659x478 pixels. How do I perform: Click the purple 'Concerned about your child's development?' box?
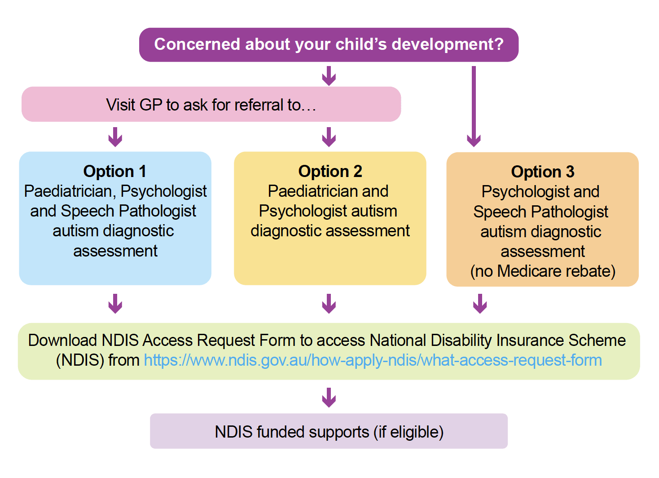point(329,44)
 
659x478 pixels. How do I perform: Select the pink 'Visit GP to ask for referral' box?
point(211,105)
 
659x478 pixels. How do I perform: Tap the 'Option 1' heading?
point(114,171)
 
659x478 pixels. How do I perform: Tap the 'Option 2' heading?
point(330,171)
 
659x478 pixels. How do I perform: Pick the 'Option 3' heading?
point(542,172)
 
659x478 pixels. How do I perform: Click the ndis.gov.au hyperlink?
point(373,360)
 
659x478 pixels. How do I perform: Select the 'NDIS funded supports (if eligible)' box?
point(329,432)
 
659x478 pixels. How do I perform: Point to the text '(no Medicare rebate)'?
point(542,271)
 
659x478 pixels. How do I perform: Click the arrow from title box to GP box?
point(329,76)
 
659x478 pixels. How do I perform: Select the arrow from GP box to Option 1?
point(115,137)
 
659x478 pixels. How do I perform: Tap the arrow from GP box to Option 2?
point(329,137)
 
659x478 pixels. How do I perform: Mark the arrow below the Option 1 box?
point(115,304)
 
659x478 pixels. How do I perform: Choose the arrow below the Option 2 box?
point(329,304)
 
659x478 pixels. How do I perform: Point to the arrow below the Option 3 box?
point(480,304)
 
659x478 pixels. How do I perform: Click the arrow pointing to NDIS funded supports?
point(329,398)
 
